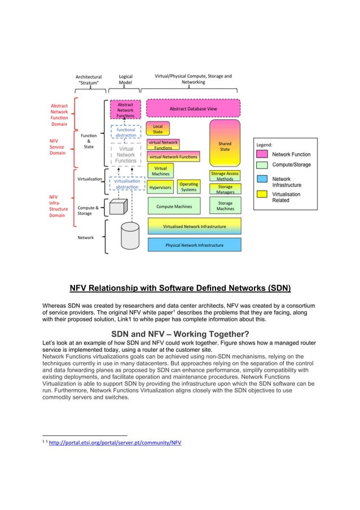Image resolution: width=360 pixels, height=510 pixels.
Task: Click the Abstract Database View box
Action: tap(193, 108)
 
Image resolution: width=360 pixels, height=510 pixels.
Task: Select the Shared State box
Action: tap(225, 146)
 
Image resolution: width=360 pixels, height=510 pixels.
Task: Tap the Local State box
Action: tap(158, 129)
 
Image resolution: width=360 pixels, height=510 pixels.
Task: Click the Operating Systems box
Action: tap(188, 186)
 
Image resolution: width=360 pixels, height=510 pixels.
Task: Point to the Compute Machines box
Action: tap(174, 206)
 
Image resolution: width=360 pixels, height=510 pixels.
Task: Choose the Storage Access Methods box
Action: tap(225, 176)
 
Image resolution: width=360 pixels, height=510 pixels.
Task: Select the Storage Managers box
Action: tap(225, 189)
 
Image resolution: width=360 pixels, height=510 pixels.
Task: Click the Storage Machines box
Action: tap(225, 206)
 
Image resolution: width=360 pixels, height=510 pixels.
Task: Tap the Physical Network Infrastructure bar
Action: tap(194, 245)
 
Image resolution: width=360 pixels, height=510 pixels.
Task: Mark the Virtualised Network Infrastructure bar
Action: tap(194, 226)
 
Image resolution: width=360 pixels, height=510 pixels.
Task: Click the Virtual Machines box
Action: tap(160, 171)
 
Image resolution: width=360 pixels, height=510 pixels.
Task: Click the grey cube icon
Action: tap(117, 207)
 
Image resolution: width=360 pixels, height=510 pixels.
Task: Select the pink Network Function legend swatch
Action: tap(261, 154)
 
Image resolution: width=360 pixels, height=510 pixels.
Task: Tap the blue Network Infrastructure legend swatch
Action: tap(261, 178)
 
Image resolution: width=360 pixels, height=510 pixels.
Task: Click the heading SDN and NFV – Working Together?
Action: tap(180, 333)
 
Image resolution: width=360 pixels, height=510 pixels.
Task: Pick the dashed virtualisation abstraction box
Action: tap(126, 184)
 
